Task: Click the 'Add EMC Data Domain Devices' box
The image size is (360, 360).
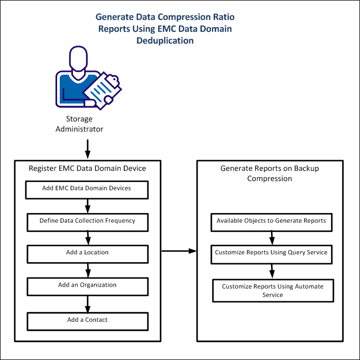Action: pyautogui.click(x=87, y=189)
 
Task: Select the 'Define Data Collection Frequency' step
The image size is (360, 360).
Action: pyautogui.click(x=87, y=221)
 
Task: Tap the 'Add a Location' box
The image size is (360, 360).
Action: pyautogui.click(x=87, y=253)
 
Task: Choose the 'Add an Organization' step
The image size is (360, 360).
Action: pyautogui.click(x=87, y=286)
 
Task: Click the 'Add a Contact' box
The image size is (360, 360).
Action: pyautogui.click(x=87, y=320)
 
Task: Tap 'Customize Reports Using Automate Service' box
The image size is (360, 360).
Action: pyautogui.click(x=272, y=291)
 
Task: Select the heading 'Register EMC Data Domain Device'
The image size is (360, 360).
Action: pyautogui.click(x=87, y=169)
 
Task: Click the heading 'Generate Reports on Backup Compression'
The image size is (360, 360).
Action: pyautogui.click(x=270, y=173)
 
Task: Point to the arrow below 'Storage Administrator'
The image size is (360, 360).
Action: pyautogui.click(x=88, y=147)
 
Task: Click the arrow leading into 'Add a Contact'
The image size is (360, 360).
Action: pyautogui.click(x=88, y=303)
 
